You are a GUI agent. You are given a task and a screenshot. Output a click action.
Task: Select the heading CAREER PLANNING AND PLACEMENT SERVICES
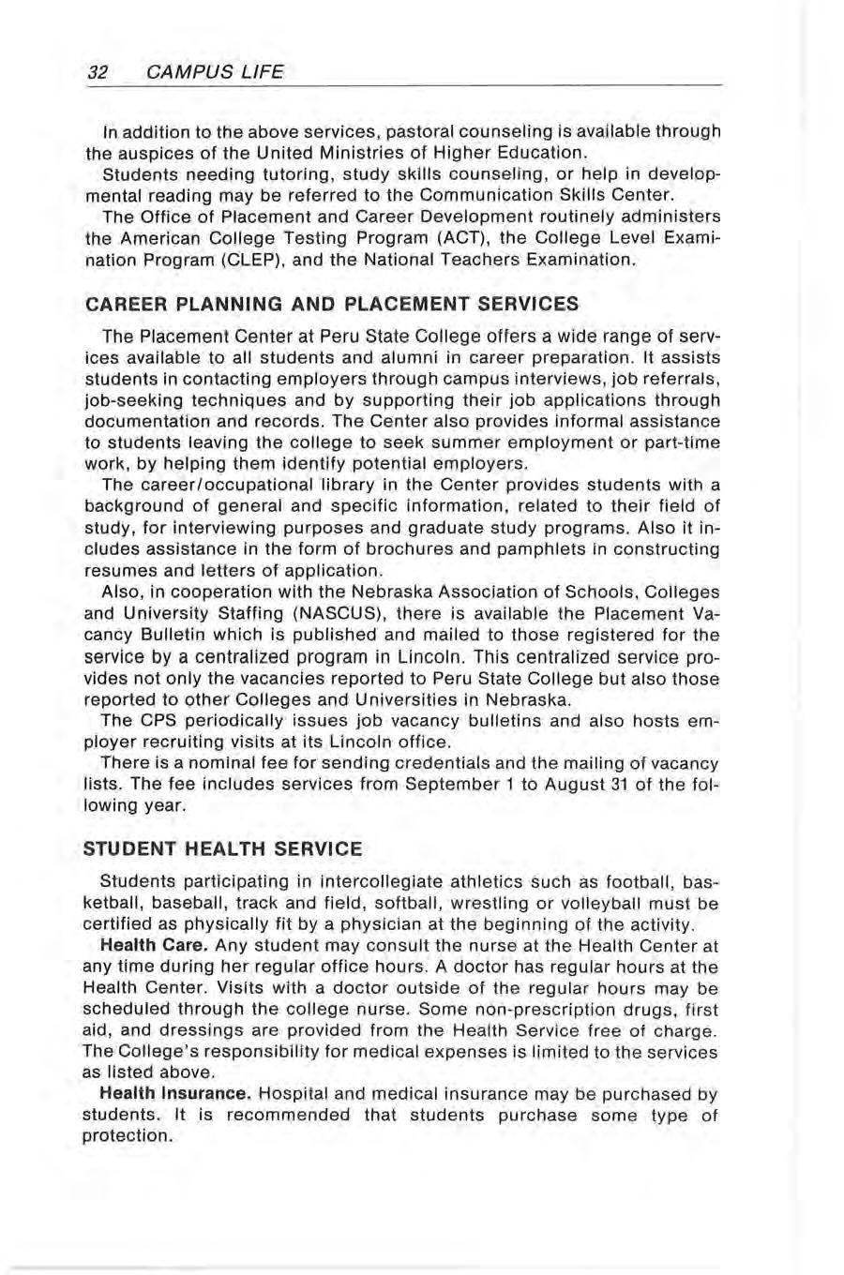331,304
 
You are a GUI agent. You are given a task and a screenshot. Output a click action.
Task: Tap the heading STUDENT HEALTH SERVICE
223,849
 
